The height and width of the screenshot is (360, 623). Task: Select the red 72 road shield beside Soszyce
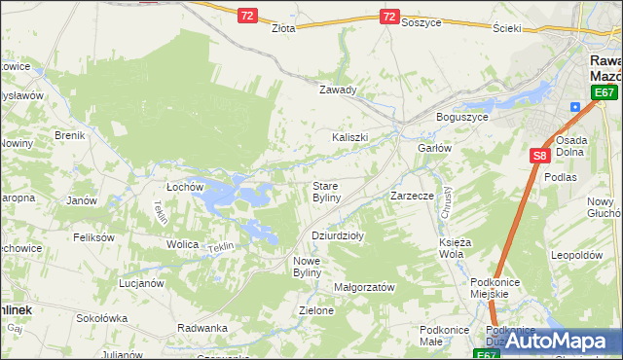coord(388,17)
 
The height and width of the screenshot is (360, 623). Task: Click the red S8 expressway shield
coord(540,155)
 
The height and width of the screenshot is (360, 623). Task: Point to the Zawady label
coord(339,90)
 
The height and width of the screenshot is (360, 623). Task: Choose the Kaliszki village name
coord(349,137)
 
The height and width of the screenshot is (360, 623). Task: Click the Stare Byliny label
coord(326,192)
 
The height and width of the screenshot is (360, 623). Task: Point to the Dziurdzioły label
coord(337,235)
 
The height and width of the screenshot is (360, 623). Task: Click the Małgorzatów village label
coord(363,288)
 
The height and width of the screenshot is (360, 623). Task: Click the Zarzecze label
coord(412,196)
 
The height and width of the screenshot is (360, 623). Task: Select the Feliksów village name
coord(94,237)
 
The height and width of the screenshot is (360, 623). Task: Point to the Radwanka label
coord(202,328)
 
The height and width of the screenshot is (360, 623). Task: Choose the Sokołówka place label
coord(102,318)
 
